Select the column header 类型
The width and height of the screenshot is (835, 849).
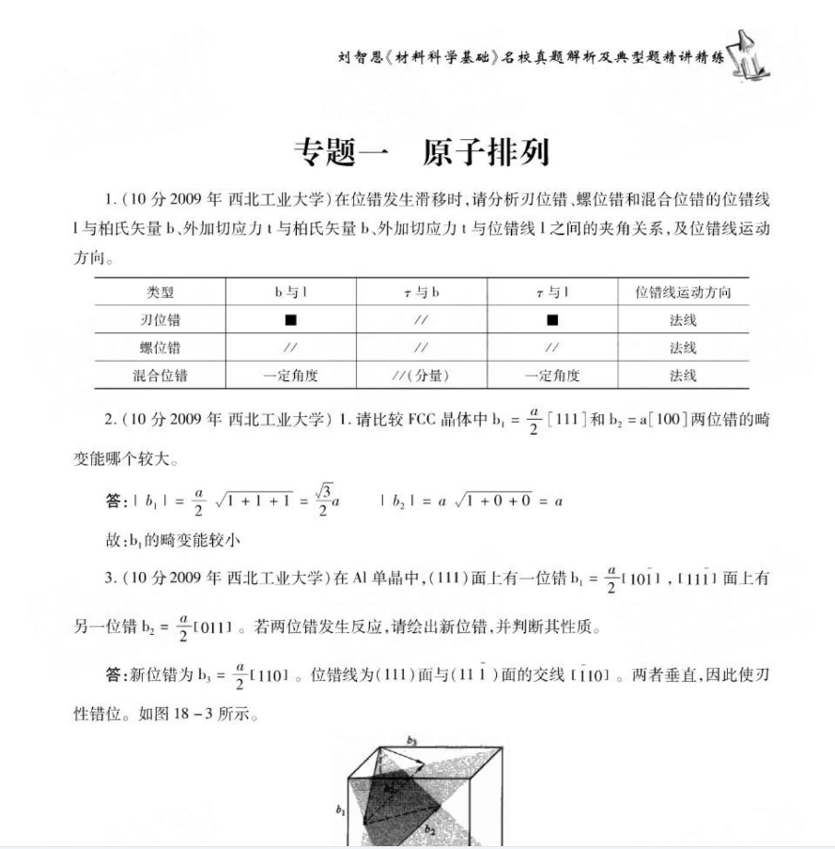click(x=160, y=292)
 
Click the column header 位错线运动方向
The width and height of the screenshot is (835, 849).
click(x=683, y=292)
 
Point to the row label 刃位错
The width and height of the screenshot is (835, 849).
click(x=160, y=320)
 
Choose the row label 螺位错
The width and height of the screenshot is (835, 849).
click(x=160, y=347)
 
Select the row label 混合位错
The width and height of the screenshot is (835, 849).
click(x=160, y=376)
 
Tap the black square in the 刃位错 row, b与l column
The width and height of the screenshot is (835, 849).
click(x=291, y=320)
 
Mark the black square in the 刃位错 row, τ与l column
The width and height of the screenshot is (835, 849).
click(x=552, y=320)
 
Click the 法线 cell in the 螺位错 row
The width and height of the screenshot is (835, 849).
click(x=683, y=347)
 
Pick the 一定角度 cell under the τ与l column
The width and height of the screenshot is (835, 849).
click(x=552, y=376)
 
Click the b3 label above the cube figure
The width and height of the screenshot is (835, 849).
click(x=410, y=741)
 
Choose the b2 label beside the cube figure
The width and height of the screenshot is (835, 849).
click(x=428, y=828)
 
